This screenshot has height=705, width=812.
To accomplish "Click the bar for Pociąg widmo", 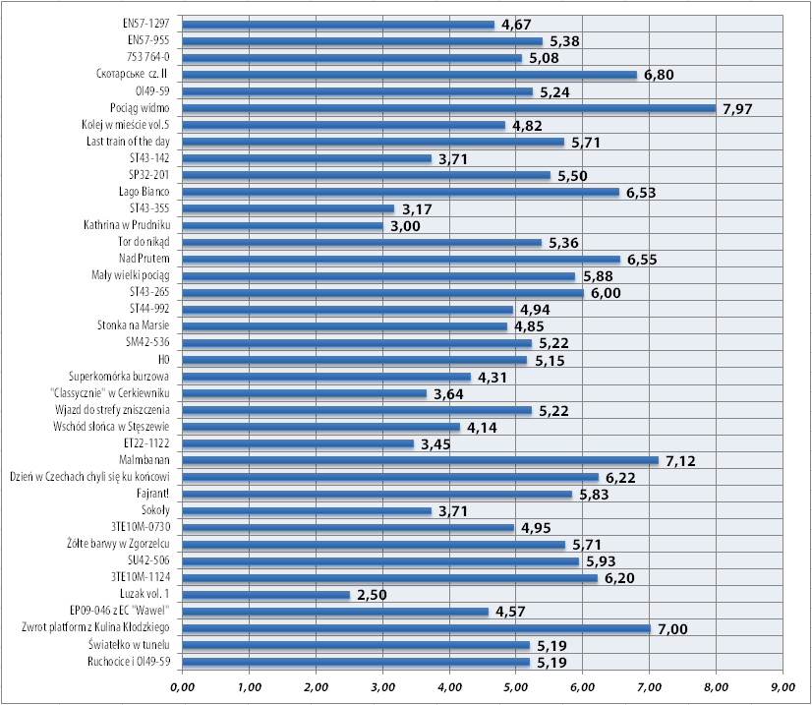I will [x=448, y=108].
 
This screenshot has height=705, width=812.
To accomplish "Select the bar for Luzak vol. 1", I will [x=265, y=595].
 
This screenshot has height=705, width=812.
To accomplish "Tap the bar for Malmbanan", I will [x=420, y=460].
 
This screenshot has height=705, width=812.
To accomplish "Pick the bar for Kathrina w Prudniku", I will [x=282, y=226].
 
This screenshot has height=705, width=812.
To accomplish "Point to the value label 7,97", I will [x=736, y=109].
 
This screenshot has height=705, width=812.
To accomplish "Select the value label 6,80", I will [x=658, y=75].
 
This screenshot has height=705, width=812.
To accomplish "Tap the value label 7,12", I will [x=679, y=461].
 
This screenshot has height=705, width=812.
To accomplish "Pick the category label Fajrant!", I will [x=152, y=494].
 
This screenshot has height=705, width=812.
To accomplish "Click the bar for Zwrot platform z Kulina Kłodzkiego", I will [x=416, y=628].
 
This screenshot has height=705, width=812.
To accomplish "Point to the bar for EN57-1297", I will [x=338, y=25].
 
